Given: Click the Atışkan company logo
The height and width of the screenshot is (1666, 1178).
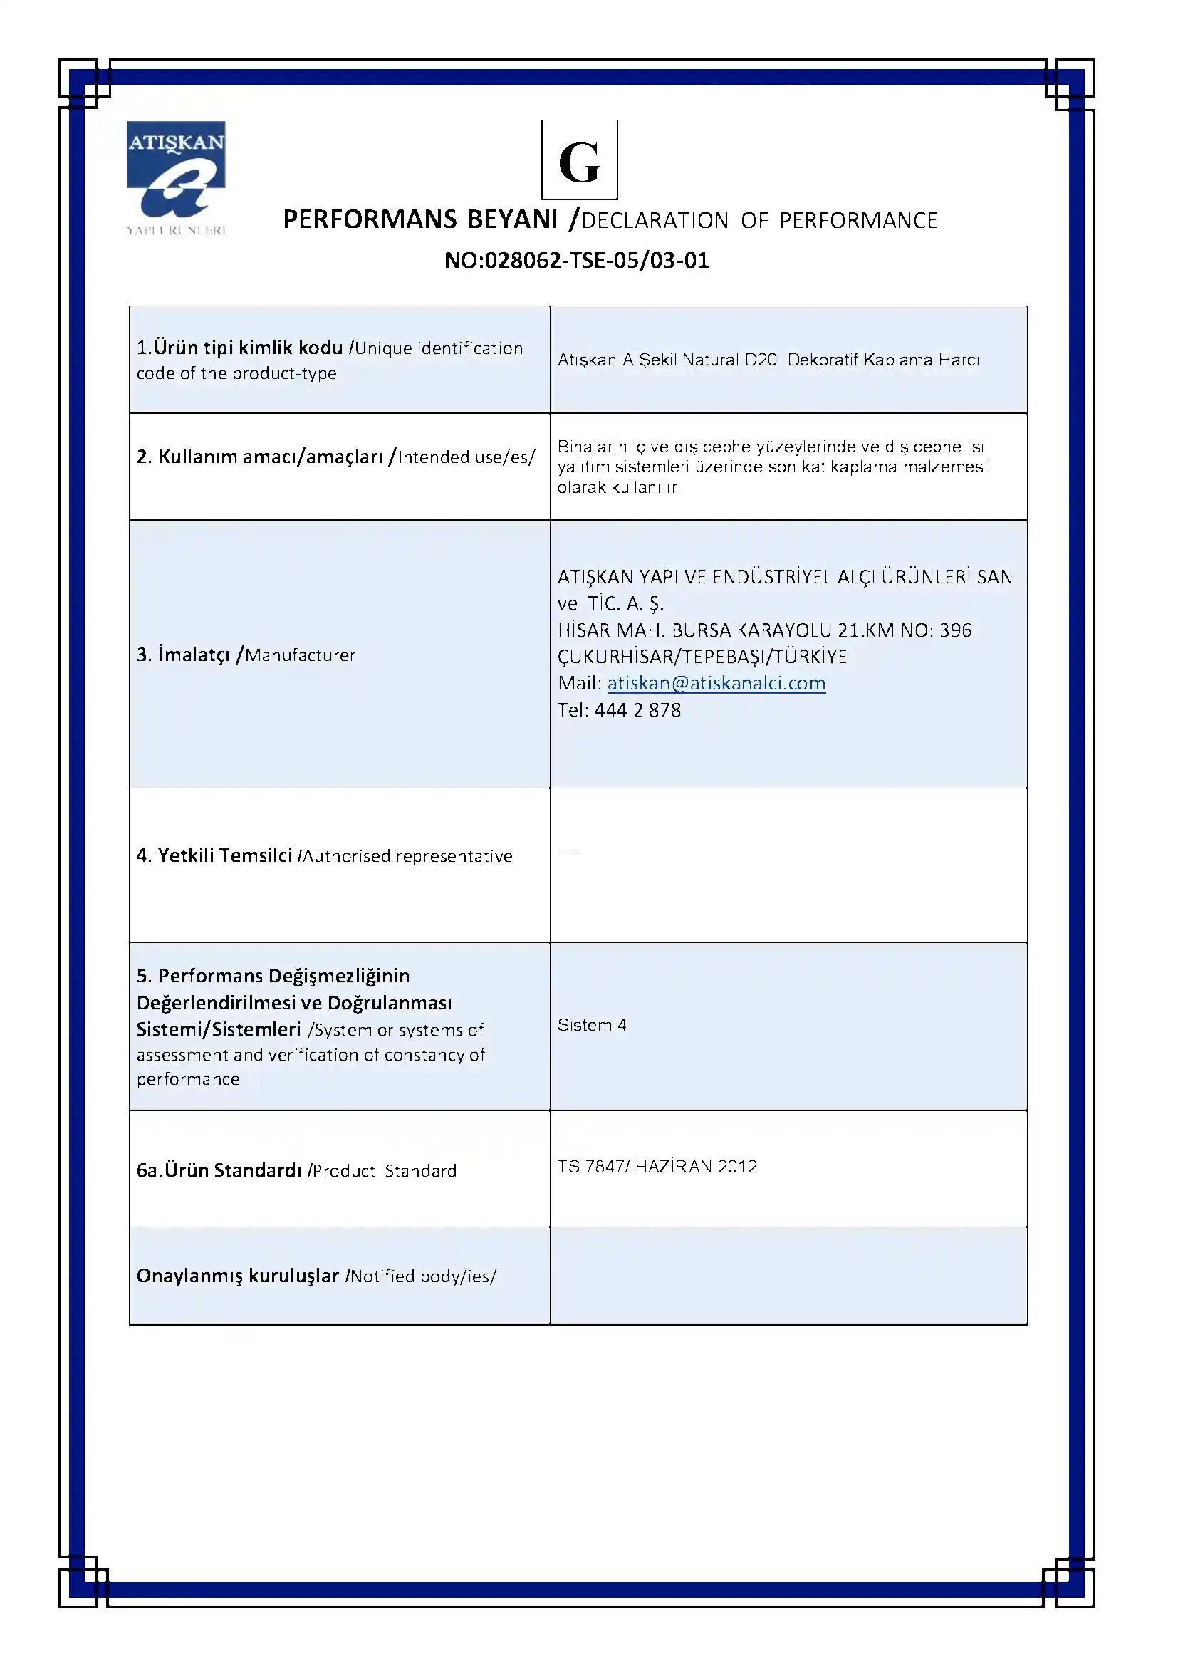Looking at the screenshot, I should tap(176, 177).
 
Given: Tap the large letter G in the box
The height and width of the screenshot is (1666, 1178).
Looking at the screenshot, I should tap(579, 162).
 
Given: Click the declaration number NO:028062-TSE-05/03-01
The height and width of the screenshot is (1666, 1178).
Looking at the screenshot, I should tap(577, 260).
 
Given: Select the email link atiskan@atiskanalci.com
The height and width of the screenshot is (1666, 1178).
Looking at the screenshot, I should tap(716, 683).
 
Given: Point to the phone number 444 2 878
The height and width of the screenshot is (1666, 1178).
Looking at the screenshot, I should tap(637, 709).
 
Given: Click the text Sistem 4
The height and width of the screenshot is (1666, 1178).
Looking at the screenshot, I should tap(592, 1024).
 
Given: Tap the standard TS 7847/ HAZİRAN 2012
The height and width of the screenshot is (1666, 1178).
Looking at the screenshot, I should tap(657, 1166).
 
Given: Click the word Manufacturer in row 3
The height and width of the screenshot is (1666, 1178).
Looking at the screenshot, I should tap(301, 655).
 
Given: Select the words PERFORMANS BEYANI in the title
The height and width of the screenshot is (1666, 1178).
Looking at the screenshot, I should tap(420, 219).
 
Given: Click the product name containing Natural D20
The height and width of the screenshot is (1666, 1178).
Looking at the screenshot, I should tap(768, 360).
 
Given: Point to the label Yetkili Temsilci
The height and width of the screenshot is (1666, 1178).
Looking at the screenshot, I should tap(225, 855).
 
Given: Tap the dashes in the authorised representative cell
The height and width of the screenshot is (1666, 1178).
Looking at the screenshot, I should tap(567, 853).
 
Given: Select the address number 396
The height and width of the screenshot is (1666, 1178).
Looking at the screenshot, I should tap(955, 630).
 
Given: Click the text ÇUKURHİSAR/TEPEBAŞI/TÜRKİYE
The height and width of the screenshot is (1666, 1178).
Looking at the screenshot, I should tap(702, 657).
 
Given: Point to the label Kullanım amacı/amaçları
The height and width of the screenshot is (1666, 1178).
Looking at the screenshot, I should tap(271, 457).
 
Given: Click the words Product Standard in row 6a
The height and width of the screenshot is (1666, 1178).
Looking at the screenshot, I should tap(385, 1170).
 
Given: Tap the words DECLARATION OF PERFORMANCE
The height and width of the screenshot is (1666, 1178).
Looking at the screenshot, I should tap(759, 221).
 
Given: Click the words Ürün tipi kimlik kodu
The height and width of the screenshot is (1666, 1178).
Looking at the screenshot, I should tap(248, 348).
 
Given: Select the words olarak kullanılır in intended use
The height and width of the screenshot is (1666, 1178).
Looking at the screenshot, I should tap(618, 488).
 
